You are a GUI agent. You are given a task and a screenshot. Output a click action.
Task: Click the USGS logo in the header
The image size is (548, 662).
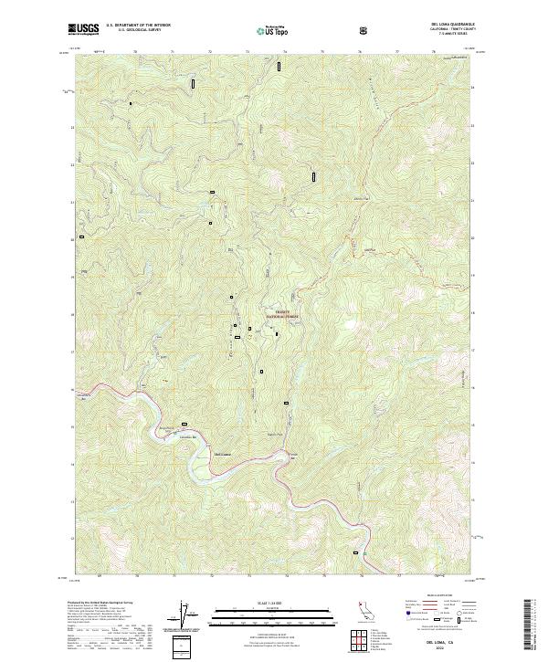[x=83, y=29]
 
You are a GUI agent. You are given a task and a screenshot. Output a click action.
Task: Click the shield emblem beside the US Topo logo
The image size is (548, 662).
[x=365, y=30]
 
